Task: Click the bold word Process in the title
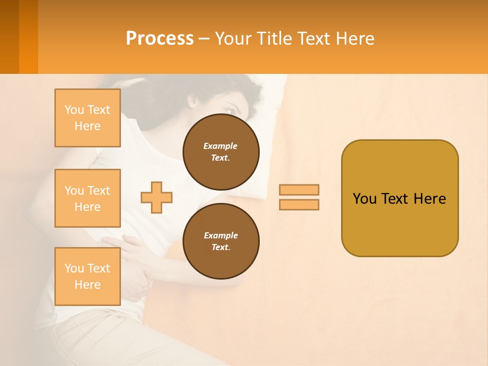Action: tap(160, 39)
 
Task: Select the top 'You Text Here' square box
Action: tap(87, 118)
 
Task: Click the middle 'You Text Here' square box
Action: tap(87, 198)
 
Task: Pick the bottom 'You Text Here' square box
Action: tap(87, 277)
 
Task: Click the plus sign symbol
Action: tap(157, 197)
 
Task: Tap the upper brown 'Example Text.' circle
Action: tap(221, 152)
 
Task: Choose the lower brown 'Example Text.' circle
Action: tap(221, 241)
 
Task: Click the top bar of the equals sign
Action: tap(299, 190)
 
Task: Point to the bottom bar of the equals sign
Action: tap(299, 205)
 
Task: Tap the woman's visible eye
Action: tap(228, 110)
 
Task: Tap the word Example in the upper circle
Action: tap(220, 146)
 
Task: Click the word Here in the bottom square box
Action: tap(87, 285)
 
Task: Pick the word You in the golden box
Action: tap(364, 199)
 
